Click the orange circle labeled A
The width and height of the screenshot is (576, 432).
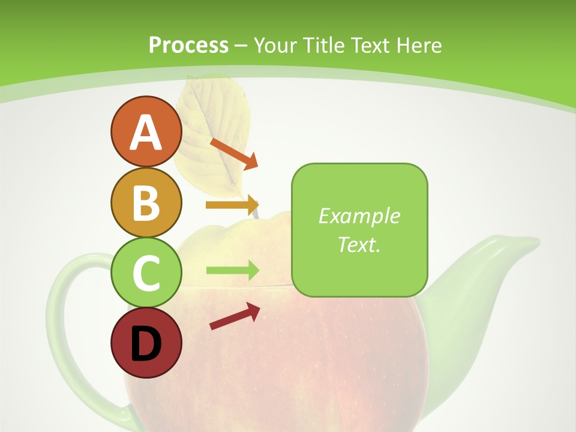pyautogui.click(x=146, y=132)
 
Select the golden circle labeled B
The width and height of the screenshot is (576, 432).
pyautogui.click(x=146, y=203)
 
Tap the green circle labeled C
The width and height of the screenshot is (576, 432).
pyautogui.click(x=146, y=273)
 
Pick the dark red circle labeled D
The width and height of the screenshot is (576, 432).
pyautogui.click(x=146, y=343)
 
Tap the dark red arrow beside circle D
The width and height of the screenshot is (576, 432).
pyautogui.click(x=235, y=317)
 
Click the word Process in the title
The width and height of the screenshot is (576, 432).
pyautogui.click(x=188, y=46)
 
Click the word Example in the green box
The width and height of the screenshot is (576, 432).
pyautogui.click(x=359, y=216)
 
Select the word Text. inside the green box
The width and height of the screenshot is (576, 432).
pyautogui.click(x=359, y=244)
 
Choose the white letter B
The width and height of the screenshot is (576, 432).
pyautogui.click(x=146, y=203)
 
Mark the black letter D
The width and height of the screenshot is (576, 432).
pyautogui.click(x=146, y=343)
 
